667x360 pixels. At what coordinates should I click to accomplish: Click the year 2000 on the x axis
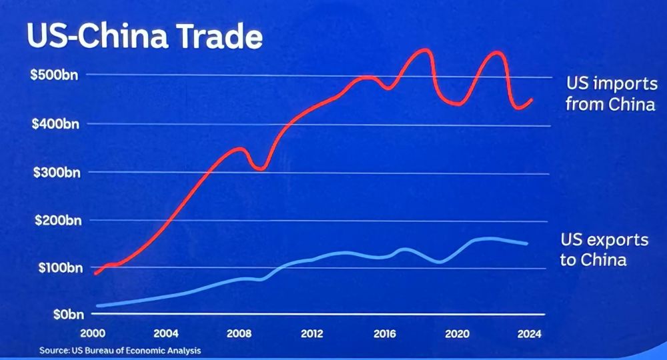(x=93, y=333)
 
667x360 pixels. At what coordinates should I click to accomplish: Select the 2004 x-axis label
(x=166, y=333)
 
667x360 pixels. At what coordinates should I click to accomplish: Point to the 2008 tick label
(x=239, y=333)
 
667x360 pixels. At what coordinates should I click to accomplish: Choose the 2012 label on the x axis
(x=311, y=333)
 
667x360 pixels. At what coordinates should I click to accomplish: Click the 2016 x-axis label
(x=384, y=333)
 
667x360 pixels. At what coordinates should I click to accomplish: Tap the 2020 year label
(x=457, y=333)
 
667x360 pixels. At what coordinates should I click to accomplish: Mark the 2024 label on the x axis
(x=530, y=333)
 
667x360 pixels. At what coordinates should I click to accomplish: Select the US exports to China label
(x=604, y=249)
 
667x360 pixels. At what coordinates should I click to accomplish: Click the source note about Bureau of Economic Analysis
(x=119, y=349)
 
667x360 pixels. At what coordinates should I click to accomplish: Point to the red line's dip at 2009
(x=260, y=169)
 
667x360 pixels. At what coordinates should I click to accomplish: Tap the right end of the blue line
(x=527, y=243)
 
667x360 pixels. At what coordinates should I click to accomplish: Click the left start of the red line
(x=95, y=273)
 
